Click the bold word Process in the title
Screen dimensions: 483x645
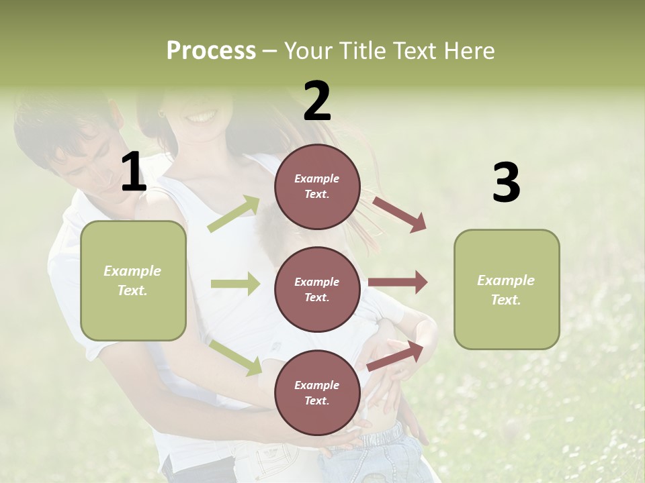tap(211, 50)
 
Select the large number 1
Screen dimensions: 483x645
tap(134, 172)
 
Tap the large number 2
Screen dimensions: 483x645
tap(317, 101)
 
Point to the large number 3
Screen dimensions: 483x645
tap(506, 183)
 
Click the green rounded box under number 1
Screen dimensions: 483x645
tap(133, 280)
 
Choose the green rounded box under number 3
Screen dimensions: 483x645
tap(507, 289)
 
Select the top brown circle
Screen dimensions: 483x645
tap(317, 186)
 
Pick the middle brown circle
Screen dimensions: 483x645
tap(317, 289)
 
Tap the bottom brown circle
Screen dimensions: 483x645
tap(317, 392)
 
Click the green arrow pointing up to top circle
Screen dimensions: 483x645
tap(234, 214)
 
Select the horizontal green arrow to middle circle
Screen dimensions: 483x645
tap(235, 284)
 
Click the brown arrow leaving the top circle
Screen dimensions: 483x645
tap(399, 214)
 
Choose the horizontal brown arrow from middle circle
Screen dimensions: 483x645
tap(398, 282)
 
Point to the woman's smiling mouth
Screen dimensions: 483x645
tap(201, 117)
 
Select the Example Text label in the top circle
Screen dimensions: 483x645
tap(317, 186)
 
